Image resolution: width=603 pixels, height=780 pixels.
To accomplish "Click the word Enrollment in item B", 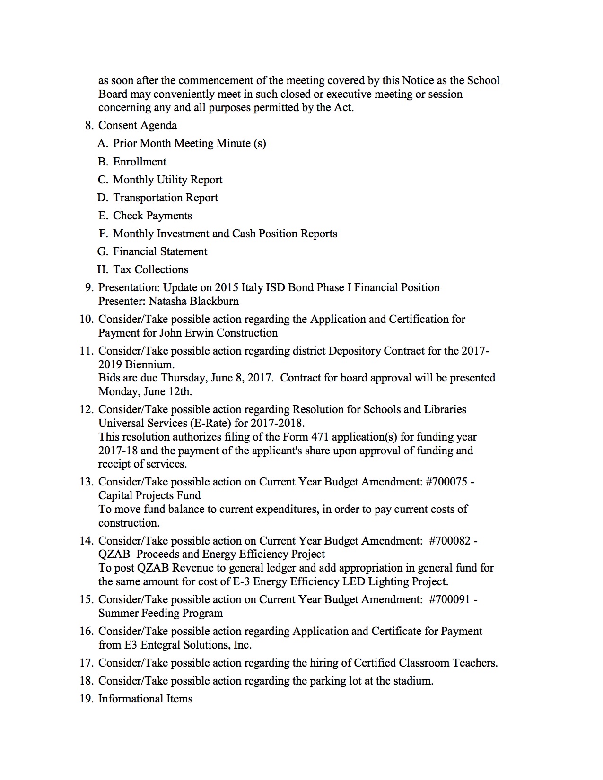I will coord(140,162).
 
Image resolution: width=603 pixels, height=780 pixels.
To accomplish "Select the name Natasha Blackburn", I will coord(193,301).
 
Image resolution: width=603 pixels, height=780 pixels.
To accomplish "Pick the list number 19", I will coord(86,699).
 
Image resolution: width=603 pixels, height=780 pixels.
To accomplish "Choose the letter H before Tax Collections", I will coord(103,269).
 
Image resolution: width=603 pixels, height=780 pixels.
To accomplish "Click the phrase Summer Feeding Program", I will coord(160,613).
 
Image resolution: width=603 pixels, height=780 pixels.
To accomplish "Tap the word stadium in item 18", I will coord(412,681).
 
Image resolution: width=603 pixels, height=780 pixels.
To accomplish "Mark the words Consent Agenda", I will coord(138,125).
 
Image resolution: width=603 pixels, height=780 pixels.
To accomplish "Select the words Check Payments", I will coord(152,216).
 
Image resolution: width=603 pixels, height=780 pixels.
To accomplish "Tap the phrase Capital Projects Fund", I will coord(149,495).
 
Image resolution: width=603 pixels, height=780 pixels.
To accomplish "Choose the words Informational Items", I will coord(145,699).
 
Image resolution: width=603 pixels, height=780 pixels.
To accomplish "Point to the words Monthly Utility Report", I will coord(167,180).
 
